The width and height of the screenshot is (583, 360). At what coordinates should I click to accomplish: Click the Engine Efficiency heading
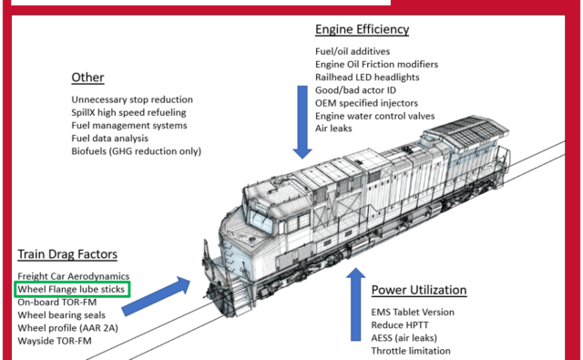click(x=363, y=29)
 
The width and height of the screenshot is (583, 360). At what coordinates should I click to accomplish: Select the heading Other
click(x=87, y=77)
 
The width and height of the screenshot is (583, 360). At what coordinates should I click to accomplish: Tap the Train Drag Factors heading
click(x=67, y=254)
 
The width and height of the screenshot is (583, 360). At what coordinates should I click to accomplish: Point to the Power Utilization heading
click(x=419, y=290)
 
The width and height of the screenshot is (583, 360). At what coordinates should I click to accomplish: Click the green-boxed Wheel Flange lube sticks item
click(x=72, y=289)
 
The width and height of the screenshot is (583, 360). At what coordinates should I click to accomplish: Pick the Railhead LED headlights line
click(x=367, y=77)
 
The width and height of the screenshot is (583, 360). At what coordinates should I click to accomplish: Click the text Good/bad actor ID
click(x=356, y=90)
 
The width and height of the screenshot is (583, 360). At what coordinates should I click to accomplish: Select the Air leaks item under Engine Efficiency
click(x=333, y=129)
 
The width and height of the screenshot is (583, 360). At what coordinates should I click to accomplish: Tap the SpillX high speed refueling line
click(x=128, y=112)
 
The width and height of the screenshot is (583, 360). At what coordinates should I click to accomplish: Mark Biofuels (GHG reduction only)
click(x=136, y=151)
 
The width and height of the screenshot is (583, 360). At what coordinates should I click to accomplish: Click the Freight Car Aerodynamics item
click(x=74, y=276)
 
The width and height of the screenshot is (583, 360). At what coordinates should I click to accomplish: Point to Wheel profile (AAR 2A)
click(x=67, y=328)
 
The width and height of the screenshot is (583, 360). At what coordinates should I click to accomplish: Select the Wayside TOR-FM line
click(x=55, y=341)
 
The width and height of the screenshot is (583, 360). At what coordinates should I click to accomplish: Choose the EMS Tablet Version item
click(x=413, y=312)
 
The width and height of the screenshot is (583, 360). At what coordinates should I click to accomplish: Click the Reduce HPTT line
click(x=400, y=325)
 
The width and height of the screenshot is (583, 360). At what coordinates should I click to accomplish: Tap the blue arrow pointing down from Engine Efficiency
click(x=302, y=122)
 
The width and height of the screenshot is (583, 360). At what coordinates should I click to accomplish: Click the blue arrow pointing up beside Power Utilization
click(x=356, y=304)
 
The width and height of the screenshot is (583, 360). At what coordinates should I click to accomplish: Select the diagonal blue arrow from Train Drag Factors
click(x=156, y=296)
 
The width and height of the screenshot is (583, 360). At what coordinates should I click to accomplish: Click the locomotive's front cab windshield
click(x=261, y=220)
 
